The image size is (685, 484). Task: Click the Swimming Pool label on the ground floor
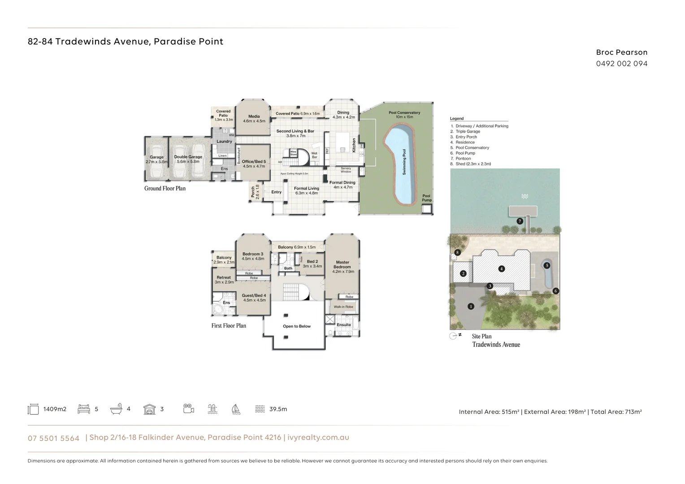(404, 162)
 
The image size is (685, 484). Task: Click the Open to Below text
(297, 326)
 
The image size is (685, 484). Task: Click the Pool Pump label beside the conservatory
(426, 198)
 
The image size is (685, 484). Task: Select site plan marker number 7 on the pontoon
(520, 221)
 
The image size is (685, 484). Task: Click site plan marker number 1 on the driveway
(471, 307)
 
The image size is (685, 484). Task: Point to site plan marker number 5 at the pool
(546, 265)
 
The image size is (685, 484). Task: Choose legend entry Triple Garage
(468, 132)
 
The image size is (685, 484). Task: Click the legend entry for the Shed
(473, 164)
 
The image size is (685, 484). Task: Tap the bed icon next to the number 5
(84, 409)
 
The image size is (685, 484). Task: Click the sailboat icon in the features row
(236, 409)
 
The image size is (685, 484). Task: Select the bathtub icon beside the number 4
(116, 409)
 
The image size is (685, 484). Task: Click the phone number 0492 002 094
(621, 64)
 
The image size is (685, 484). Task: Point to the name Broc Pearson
(621, 52)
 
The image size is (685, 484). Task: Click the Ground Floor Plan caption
(165, 189)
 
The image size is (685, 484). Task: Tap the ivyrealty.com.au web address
(318, 437)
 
